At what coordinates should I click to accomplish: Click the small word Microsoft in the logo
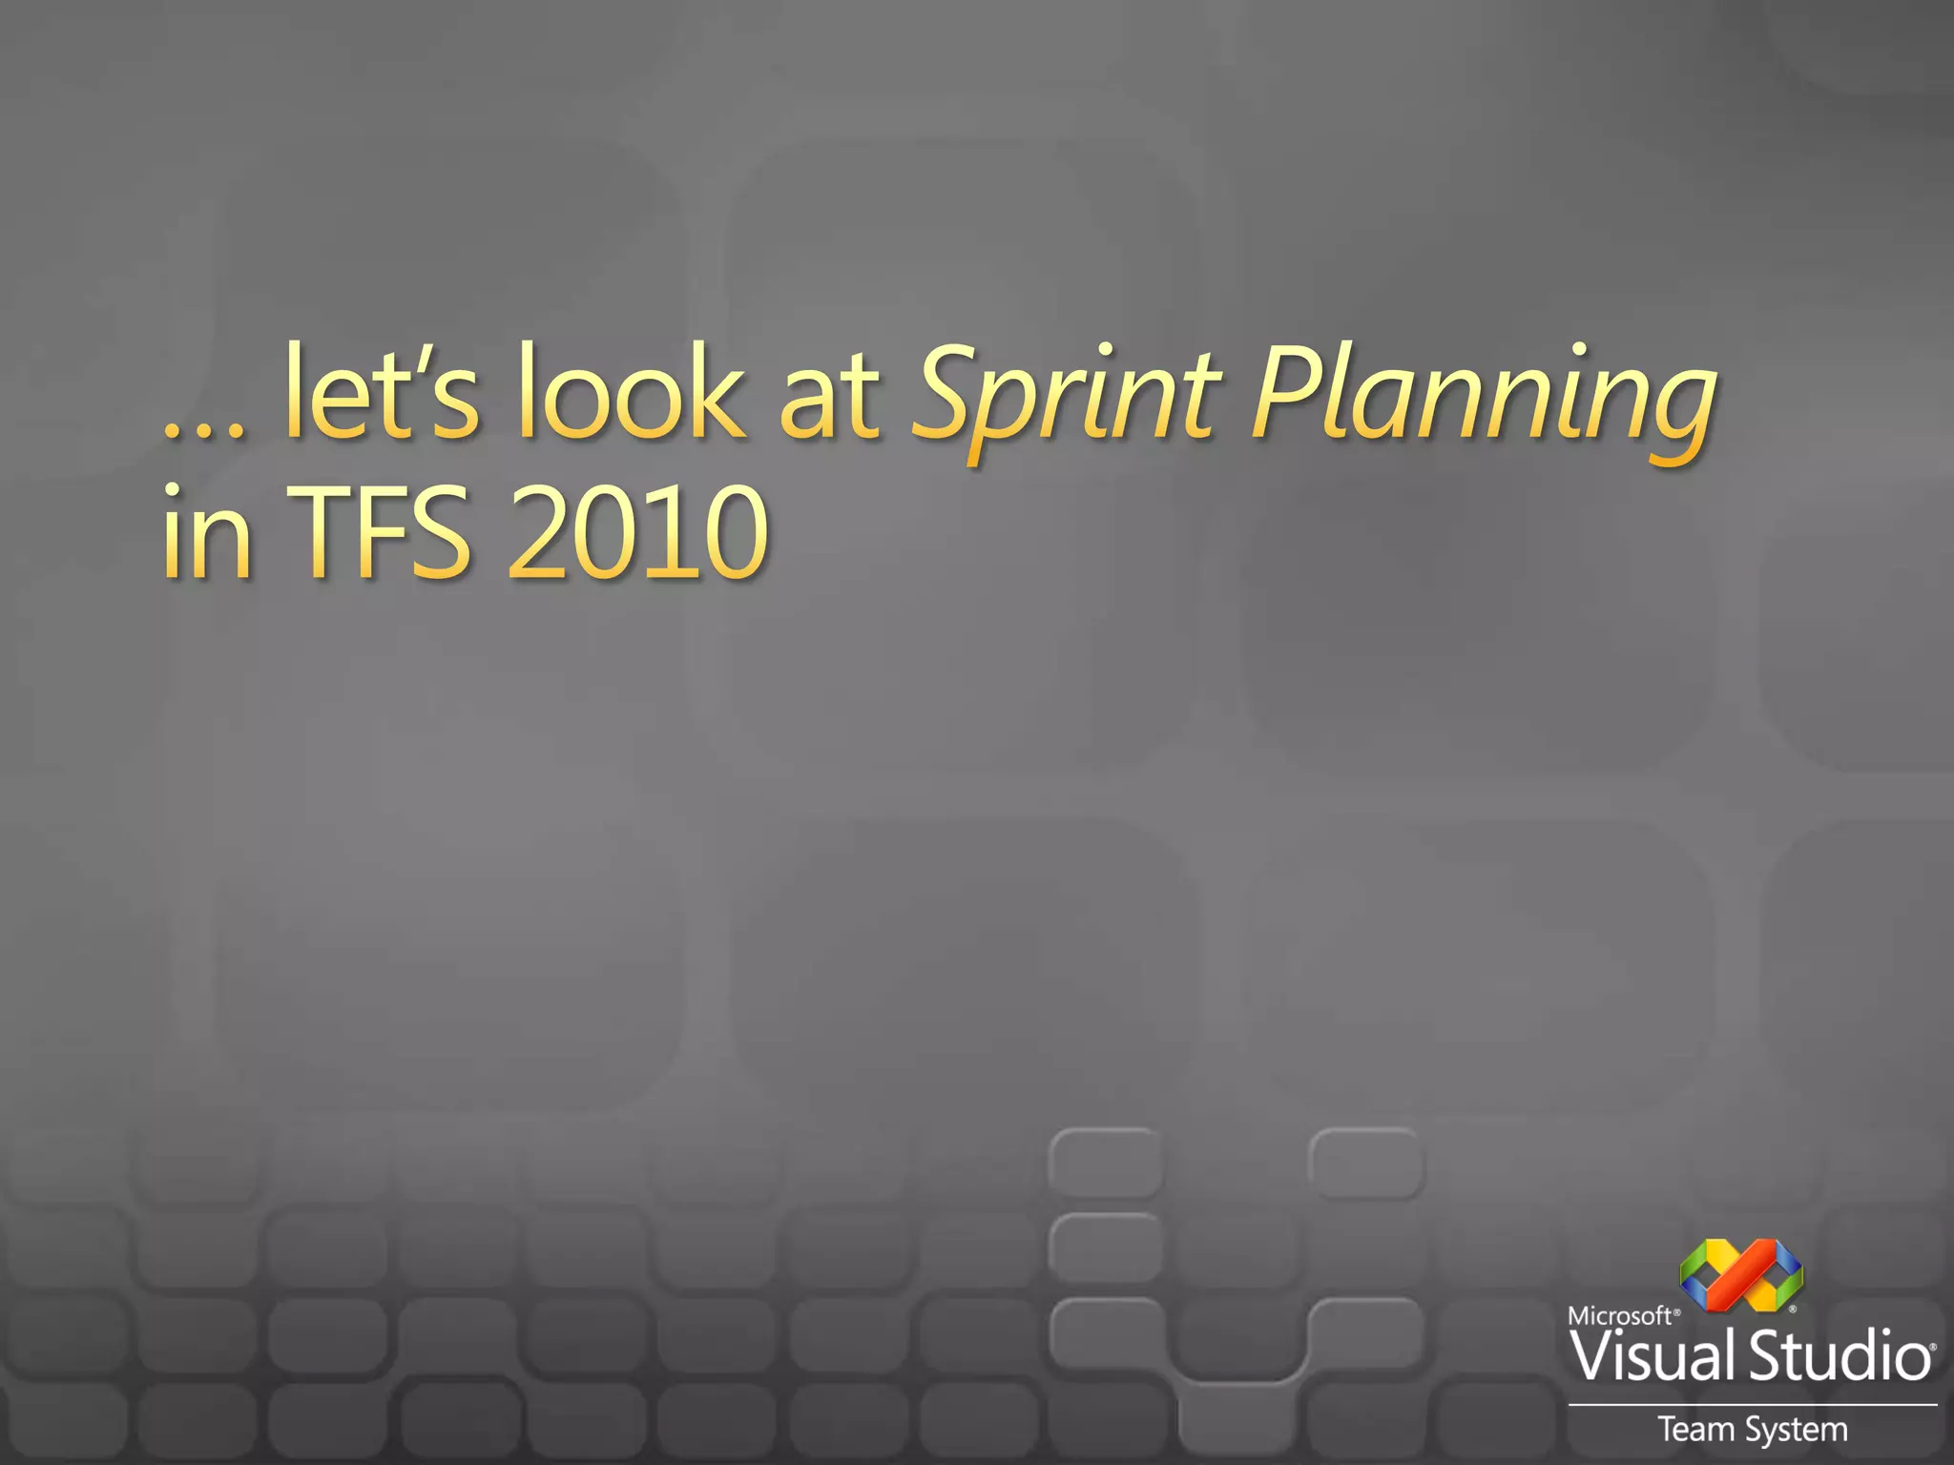[1620, 1316]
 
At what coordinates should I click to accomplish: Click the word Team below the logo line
[1697, 1430]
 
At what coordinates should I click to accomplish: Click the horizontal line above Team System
[1752, 1405]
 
